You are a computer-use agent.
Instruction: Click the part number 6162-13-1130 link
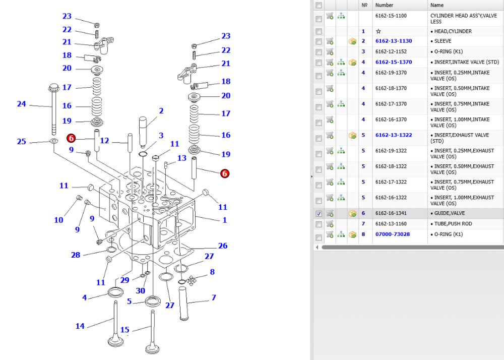pyautogui.click(x=394, y=41)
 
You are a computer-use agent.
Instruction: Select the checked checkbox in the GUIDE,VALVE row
pyautogui.click(x=319, y=214)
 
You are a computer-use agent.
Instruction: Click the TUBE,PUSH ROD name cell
pyautogui.click(x=453, y=224)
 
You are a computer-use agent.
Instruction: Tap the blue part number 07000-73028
pyautogui.click(x=393, y=234)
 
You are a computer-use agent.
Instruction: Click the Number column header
pyautogui.click(x=384, y=5)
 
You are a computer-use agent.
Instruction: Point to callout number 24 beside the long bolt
pyautogui.click(x=22, y=104)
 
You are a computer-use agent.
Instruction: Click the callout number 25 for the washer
pyautogui.click(x=22, y=141)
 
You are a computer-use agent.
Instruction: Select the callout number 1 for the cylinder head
pyautogui.click(x=225, y=220)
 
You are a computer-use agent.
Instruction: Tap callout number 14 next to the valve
pyautogui.click(x=80, y=326)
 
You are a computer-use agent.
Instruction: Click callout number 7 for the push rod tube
pyautogui.click(x=214, y=297)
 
